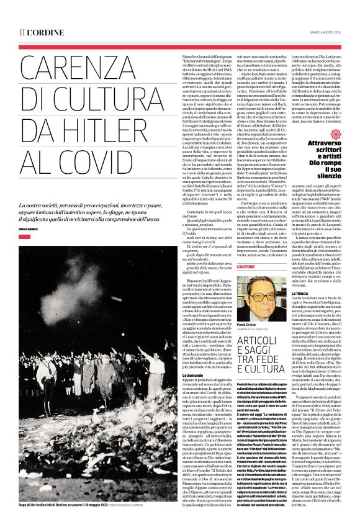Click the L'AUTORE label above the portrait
pos(245,266)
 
